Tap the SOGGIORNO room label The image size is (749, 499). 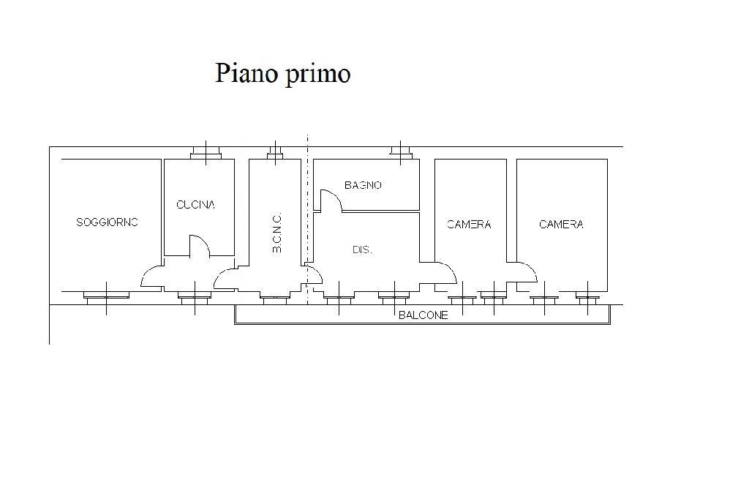[107, 222]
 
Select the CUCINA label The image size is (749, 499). [196, 205]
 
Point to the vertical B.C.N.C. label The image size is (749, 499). [277, 233]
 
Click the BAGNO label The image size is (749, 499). [363, 185]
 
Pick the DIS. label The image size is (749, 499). [362, 249]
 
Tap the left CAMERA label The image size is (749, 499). [469, 225]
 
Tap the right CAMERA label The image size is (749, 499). [561, 225]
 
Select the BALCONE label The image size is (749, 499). [423, 315]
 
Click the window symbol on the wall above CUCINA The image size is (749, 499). [206, 152]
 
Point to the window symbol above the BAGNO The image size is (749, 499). [400, 151]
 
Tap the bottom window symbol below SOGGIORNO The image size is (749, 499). [106, 296]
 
